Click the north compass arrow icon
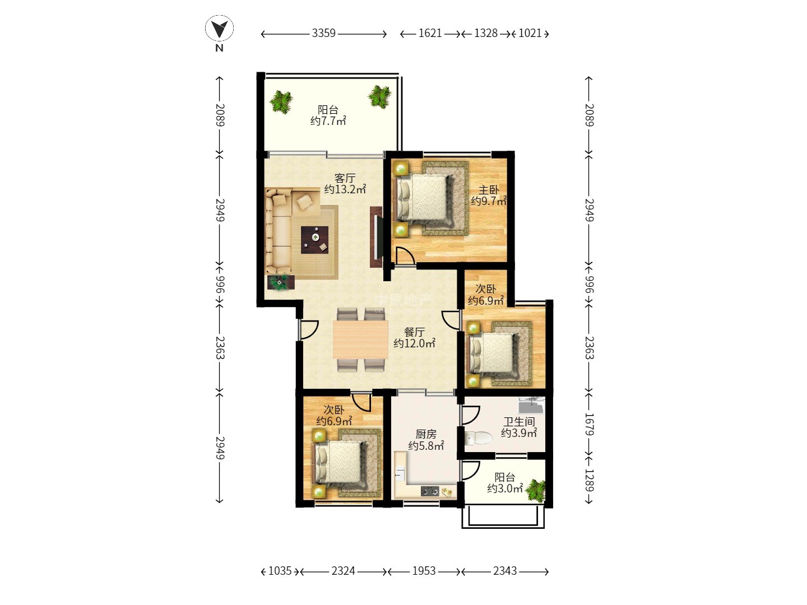[x=219, y=29]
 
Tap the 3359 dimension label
[x=323, y=34]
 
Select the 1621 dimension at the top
[x=430, y=34]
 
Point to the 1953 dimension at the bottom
[x=424, y=571]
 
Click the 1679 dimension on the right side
[x=589, y=424]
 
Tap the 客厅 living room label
[x=345, y=178]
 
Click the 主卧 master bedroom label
[x=489, y=190]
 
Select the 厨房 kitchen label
[x=426, y=434]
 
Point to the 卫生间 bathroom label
[x=519, y=422]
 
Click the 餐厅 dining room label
[x=414, y=332]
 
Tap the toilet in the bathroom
[x=478, y=438]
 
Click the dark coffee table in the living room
[x=315, y=240]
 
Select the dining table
[x=360, y=339]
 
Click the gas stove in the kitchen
[x=430, y=491]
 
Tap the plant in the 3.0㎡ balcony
[x=535, y=490]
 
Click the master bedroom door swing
[x=406, y=256]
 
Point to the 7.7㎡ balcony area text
[x=328, y=120]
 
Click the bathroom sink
[x=531, y=406]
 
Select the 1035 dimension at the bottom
[x=280, y=571]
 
